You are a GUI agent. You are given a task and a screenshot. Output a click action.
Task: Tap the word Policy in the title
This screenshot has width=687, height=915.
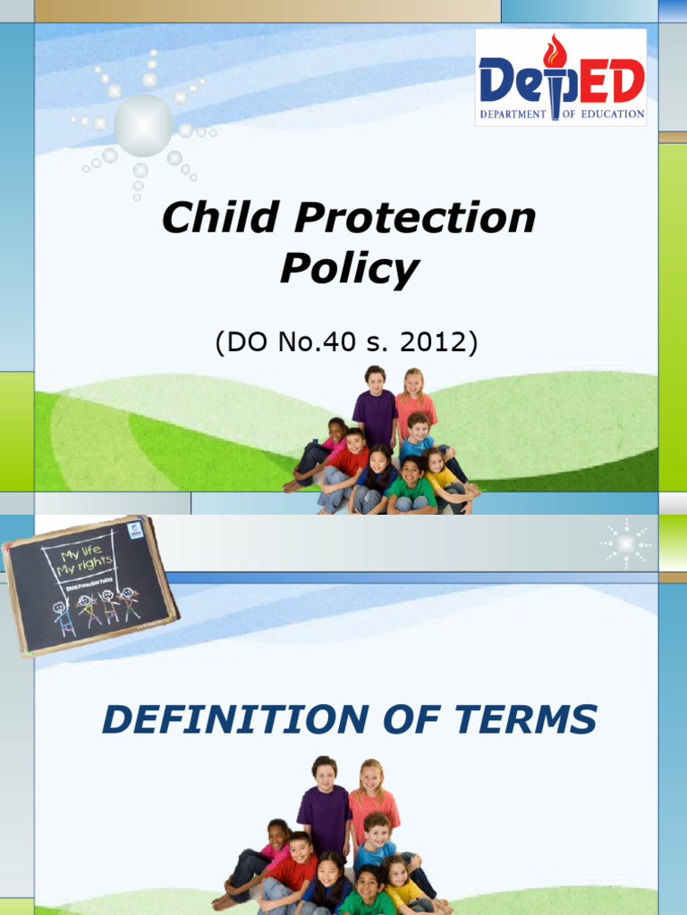coord(349,267)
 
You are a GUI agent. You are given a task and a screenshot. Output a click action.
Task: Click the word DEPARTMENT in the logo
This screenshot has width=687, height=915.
coord(513,114)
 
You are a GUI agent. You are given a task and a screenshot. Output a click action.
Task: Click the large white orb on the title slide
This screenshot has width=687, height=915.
coord(143,124)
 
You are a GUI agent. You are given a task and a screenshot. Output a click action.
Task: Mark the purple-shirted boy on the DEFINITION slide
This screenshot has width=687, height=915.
coord(324,809)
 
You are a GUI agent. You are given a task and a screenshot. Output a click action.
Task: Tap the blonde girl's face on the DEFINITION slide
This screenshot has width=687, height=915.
coord(370,776)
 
